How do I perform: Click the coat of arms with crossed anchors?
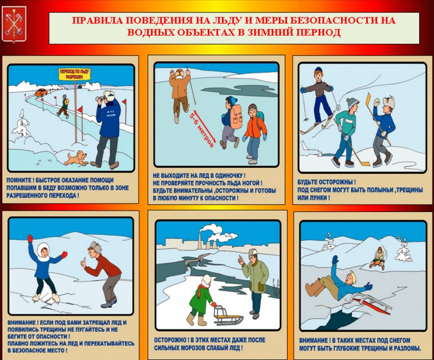14,24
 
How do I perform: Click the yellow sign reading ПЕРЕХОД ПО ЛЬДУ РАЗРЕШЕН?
74,74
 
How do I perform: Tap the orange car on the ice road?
41,92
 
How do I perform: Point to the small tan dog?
76,158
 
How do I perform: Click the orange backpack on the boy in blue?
235,117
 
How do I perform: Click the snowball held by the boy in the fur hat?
376,102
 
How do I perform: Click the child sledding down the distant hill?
378,258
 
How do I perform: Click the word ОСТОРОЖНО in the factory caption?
170,340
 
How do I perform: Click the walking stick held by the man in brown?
191,85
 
